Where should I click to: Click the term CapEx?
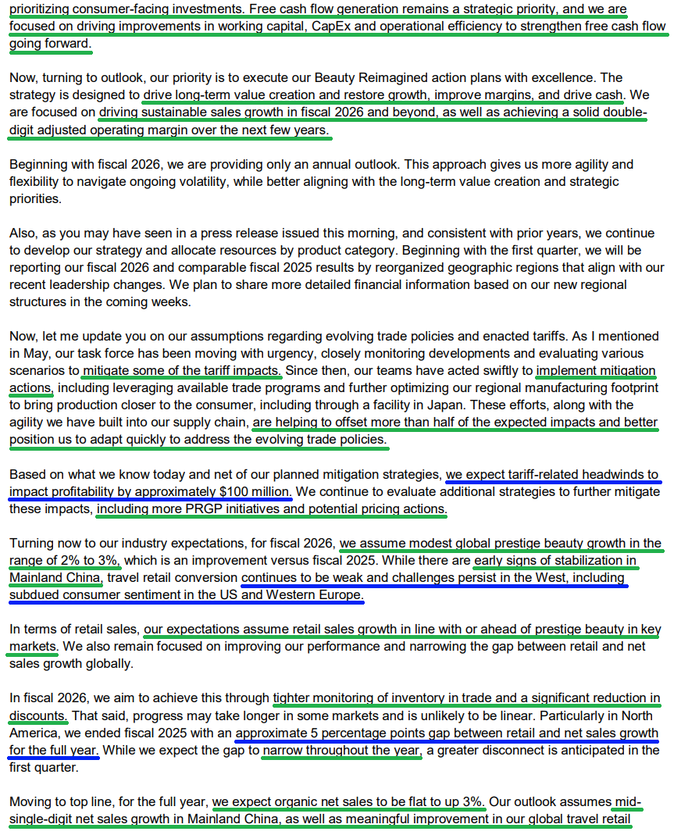click(x=354, y=27)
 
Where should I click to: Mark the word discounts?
click(x=37, y=715)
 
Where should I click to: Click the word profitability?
click(x=71, y=492)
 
